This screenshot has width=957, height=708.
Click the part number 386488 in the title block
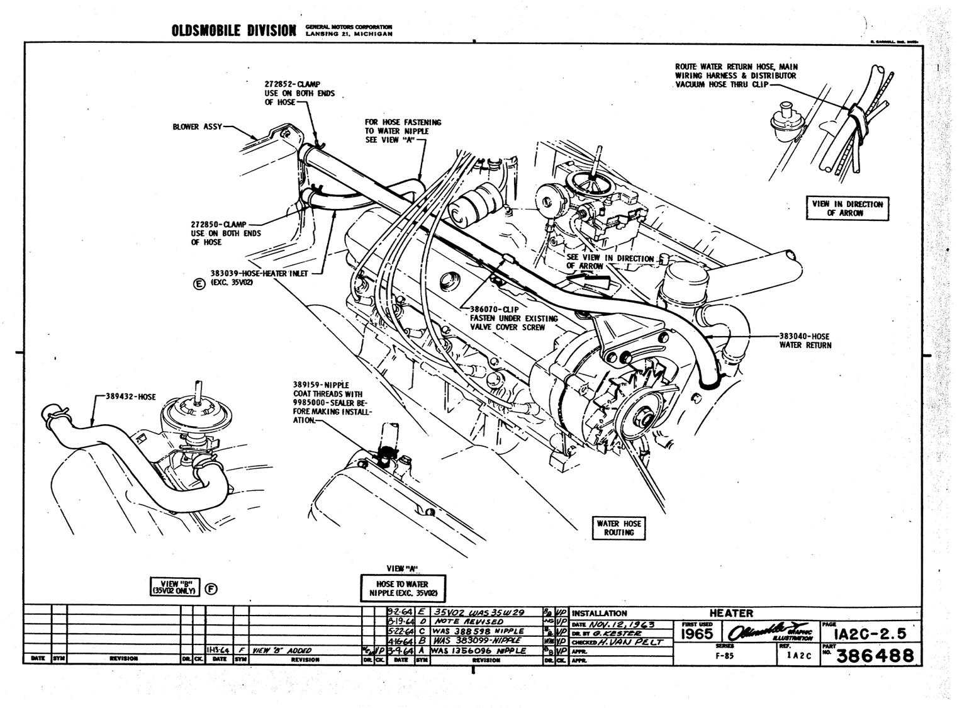pos(876,656)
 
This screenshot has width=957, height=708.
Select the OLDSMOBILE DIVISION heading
pos(233,31)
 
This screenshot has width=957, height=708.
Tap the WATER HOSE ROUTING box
pos(618,528)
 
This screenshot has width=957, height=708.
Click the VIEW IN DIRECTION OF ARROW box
pos(847,208)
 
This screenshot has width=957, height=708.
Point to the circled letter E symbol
pos(199,284)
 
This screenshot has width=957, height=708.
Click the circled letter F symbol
pos(211,588)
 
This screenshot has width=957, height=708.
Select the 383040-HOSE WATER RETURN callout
pos(805,340)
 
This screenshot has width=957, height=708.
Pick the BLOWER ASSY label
pos(197,127)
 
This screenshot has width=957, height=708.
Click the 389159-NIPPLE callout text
pos(331,402)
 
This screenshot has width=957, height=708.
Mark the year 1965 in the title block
pos(697,632)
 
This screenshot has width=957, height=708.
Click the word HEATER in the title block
pos(730,613)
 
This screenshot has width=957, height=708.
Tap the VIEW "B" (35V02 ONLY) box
pos(173,588)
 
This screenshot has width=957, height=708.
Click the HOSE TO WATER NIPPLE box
pos(403,589)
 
